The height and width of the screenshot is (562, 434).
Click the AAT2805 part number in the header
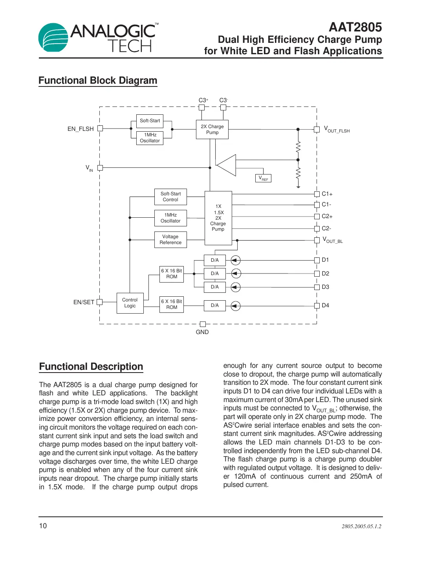tap(355, 27)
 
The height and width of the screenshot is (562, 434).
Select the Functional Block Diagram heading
tap(98, 81)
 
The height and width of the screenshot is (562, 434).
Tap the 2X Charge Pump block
tap(212, 129)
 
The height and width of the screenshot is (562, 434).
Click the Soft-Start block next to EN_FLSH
tap(150, 121)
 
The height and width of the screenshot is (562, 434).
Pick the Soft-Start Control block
tap(170, 197)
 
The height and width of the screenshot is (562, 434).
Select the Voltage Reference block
tap(170, 240)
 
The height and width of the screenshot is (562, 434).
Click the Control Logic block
tap(130, 303)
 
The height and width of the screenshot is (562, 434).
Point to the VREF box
tap(263, 178)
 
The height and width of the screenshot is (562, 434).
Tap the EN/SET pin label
tap(84, 302)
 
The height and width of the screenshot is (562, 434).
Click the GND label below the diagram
tap(202, 332)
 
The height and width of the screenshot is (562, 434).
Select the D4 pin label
tap(326, 305)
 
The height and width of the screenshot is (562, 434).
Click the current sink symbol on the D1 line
tap(235, 260)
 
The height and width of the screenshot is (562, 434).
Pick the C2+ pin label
tap(327, 216)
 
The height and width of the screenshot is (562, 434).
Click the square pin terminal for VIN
tap(100, 168)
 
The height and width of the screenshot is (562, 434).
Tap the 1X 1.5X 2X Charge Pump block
tap(218, 218)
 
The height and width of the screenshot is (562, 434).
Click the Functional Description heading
tap(91, 367)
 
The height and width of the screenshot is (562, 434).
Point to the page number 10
tap(43, 526)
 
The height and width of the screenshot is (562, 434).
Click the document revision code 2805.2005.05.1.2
tap(361, 526)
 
